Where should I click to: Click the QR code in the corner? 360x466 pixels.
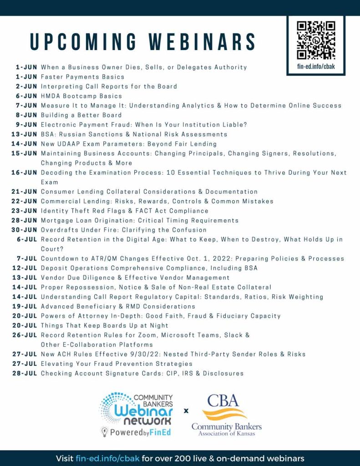[316, 40]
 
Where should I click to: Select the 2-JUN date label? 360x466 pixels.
[26, 86]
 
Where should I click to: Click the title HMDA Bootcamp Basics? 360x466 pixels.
[81, 96]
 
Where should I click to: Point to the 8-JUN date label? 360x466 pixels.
[26, 115]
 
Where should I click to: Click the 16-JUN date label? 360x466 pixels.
[24, 173]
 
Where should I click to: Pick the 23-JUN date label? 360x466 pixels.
[24, 211]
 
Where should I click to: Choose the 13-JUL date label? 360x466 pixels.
[24, 278]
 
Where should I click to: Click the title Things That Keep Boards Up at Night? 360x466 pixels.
[105, 325]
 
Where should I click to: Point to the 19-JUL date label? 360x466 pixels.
[24, 306]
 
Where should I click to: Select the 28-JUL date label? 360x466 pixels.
[24, 374]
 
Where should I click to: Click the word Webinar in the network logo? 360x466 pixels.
[137, 410]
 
